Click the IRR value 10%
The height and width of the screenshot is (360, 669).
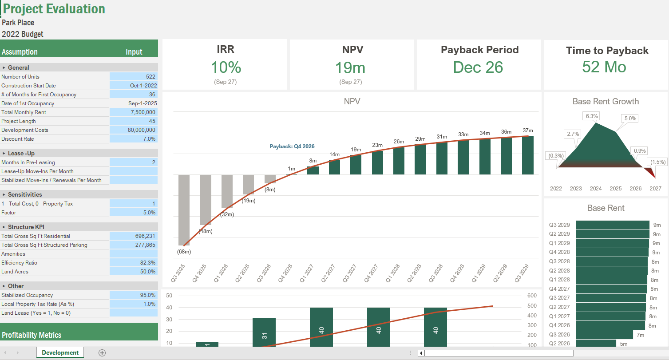pos(226,67)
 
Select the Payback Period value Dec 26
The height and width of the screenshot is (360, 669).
pos(478,67)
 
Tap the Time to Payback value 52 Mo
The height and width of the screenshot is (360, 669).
pos(604,67)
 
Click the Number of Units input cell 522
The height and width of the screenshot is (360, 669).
pos(134,77)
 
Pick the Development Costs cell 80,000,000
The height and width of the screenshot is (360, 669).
pos(134,130)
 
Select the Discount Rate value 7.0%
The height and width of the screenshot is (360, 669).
pos(134,139)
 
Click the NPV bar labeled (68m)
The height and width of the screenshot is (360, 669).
pos(184,210)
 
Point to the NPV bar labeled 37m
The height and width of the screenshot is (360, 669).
pos(527,155)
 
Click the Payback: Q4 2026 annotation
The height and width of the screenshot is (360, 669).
pos(292,146)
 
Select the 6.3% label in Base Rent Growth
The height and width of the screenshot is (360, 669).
pos(592,116)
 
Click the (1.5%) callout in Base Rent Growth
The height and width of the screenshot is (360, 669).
pos(657,162)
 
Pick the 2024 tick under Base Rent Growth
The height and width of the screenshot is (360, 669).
pos(596,189)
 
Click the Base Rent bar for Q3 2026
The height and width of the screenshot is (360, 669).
pos(604,335)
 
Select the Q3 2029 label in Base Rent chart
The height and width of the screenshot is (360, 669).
pos(559,225)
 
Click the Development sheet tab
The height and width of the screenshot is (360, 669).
pos(60,353)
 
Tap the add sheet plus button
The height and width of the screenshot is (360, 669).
pos(102,353)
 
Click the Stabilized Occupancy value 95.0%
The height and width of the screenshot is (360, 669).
pos(134,295)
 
